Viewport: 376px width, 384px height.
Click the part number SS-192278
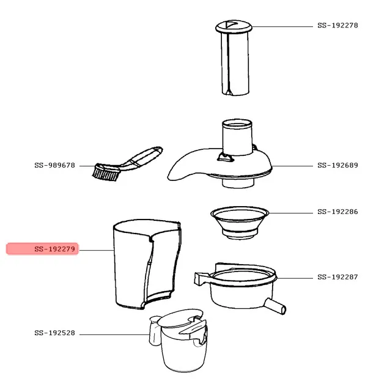(x=337, y=26)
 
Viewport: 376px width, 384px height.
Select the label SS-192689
(x=337, y=165)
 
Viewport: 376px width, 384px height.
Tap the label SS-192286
(x=337, y=212)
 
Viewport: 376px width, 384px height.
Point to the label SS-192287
(x=337, y=277)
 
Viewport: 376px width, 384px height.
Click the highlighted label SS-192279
(x=54, y=249)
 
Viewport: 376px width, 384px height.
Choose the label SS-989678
(x=54, y=165)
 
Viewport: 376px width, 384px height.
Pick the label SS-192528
(x=54, y=333)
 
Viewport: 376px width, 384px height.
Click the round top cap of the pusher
(x=234, y=27)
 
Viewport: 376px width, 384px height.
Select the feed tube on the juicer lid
(x=237, y=137)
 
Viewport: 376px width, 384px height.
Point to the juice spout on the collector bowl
(x=275, y=306)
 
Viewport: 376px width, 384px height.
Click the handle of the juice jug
(x=155, y=331)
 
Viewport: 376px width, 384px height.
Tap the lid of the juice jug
(x=180, y=318)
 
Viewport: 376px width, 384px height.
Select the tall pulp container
(x=147, y=264)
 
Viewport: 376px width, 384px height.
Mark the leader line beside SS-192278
(x=282, y=26)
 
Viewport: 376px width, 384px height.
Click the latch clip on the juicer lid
(x=225, y=157)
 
